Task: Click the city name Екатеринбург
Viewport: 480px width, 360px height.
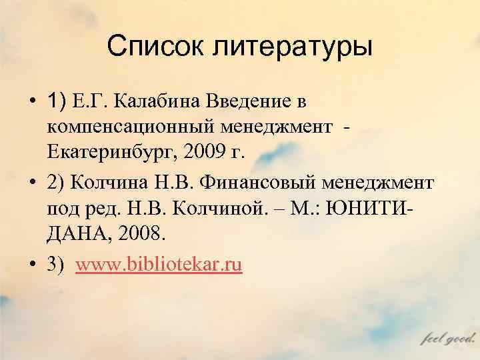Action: [x=114, y=152]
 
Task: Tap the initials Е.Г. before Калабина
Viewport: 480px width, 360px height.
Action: [x=96, y=101]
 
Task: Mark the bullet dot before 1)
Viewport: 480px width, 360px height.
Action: [x=31, y=102]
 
